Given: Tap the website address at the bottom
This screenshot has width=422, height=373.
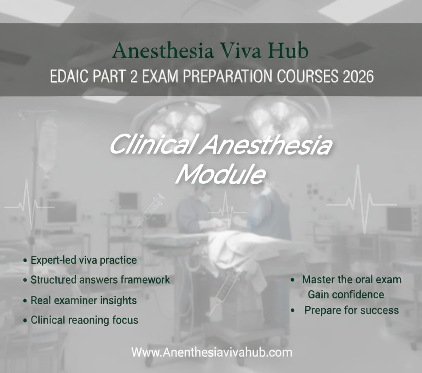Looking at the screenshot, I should click(x=211, y=352).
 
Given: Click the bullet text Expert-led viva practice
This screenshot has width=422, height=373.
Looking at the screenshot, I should click(x=83, y=260).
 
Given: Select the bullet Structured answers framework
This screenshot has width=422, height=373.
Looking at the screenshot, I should click(x=100, y=280).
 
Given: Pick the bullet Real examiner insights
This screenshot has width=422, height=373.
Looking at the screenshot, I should click(x=83, y=300).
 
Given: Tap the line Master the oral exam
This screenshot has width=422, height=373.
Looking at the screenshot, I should click(x=351, y=279).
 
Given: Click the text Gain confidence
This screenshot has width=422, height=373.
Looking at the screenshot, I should click(x=346, y=295).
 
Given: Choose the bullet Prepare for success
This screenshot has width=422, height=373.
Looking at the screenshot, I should click(x=351, y=310).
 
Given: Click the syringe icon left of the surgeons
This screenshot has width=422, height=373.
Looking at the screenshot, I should click(x=151, y=210).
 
